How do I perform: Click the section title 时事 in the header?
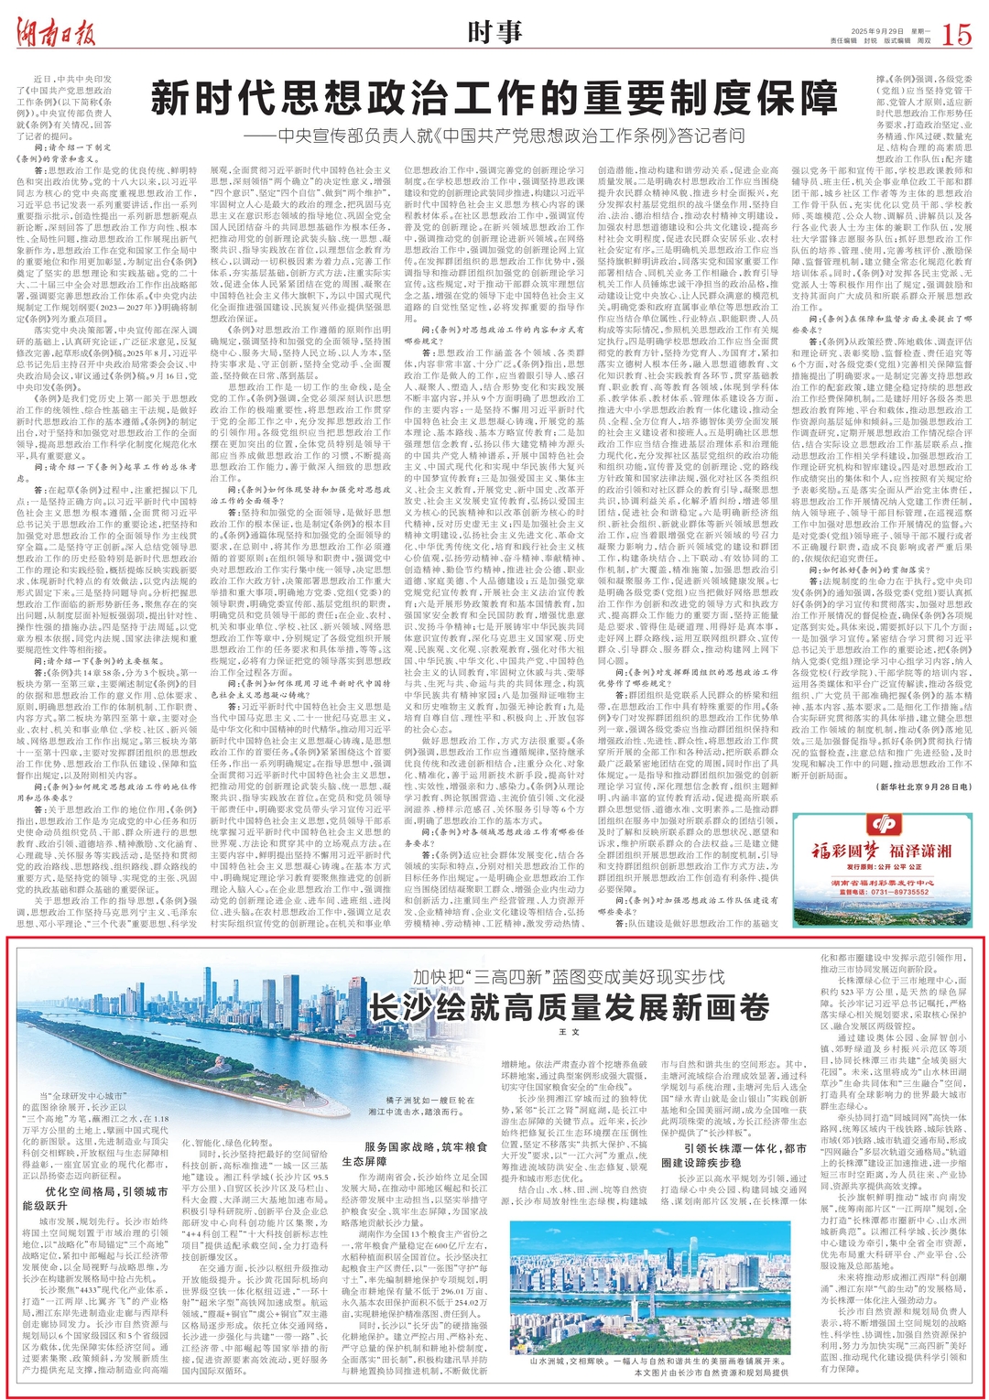click(494, 33)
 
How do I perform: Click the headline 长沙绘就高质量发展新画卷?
click(568, 1006)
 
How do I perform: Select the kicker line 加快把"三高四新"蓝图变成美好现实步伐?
click(568, 976)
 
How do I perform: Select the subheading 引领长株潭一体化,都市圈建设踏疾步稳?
click(734, 1155)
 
